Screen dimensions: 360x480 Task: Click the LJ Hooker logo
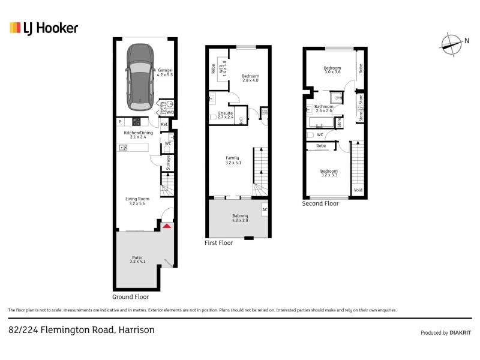(x=43, y=28)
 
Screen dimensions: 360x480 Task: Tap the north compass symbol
(x=451, y=42)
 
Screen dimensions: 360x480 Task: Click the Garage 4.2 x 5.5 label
(x=164, y=73)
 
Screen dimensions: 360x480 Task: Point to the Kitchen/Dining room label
(x=139, y=135)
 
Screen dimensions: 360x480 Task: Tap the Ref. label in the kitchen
(x=164, y=124)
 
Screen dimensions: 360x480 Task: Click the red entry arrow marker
(x=167, y=226)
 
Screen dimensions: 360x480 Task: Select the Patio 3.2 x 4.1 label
(x=139, y=259)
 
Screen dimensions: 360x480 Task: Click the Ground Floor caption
(x=130, y=296)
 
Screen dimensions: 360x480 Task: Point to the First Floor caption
(x=218, y=242)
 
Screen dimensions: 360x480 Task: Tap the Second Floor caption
(x=320, y=203)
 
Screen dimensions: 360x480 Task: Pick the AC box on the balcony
(x=265, y=209)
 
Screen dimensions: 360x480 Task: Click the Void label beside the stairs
(x=358, y=190)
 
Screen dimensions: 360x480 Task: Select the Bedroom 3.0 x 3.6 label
(x=332, y=70)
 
